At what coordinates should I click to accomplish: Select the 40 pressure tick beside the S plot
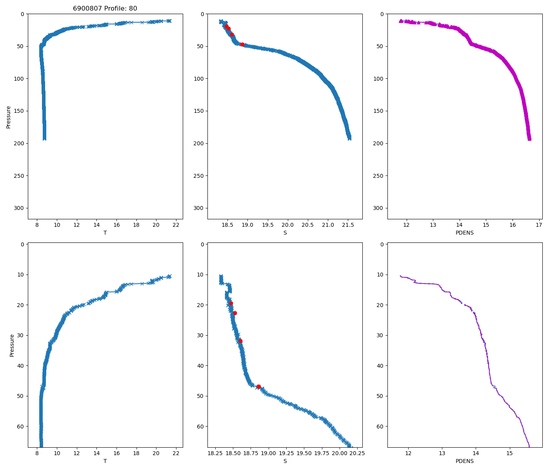tap(200, 366)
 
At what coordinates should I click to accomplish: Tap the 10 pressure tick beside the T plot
tap(20, 275)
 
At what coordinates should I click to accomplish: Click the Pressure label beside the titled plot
tap(9, 117)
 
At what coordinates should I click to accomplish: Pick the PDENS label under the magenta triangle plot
tap(464, 233)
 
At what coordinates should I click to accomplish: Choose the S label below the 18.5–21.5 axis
tap(285, 233)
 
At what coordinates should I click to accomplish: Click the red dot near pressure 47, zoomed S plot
tap(259, 387)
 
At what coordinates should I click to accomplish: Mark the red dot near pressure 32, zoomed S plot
tap(240, 341)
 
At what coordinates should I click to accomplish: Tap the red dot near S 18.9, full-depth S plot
tap(242, 44)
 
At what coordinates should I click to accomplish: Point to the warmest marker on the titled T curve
tap(169, 21)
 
